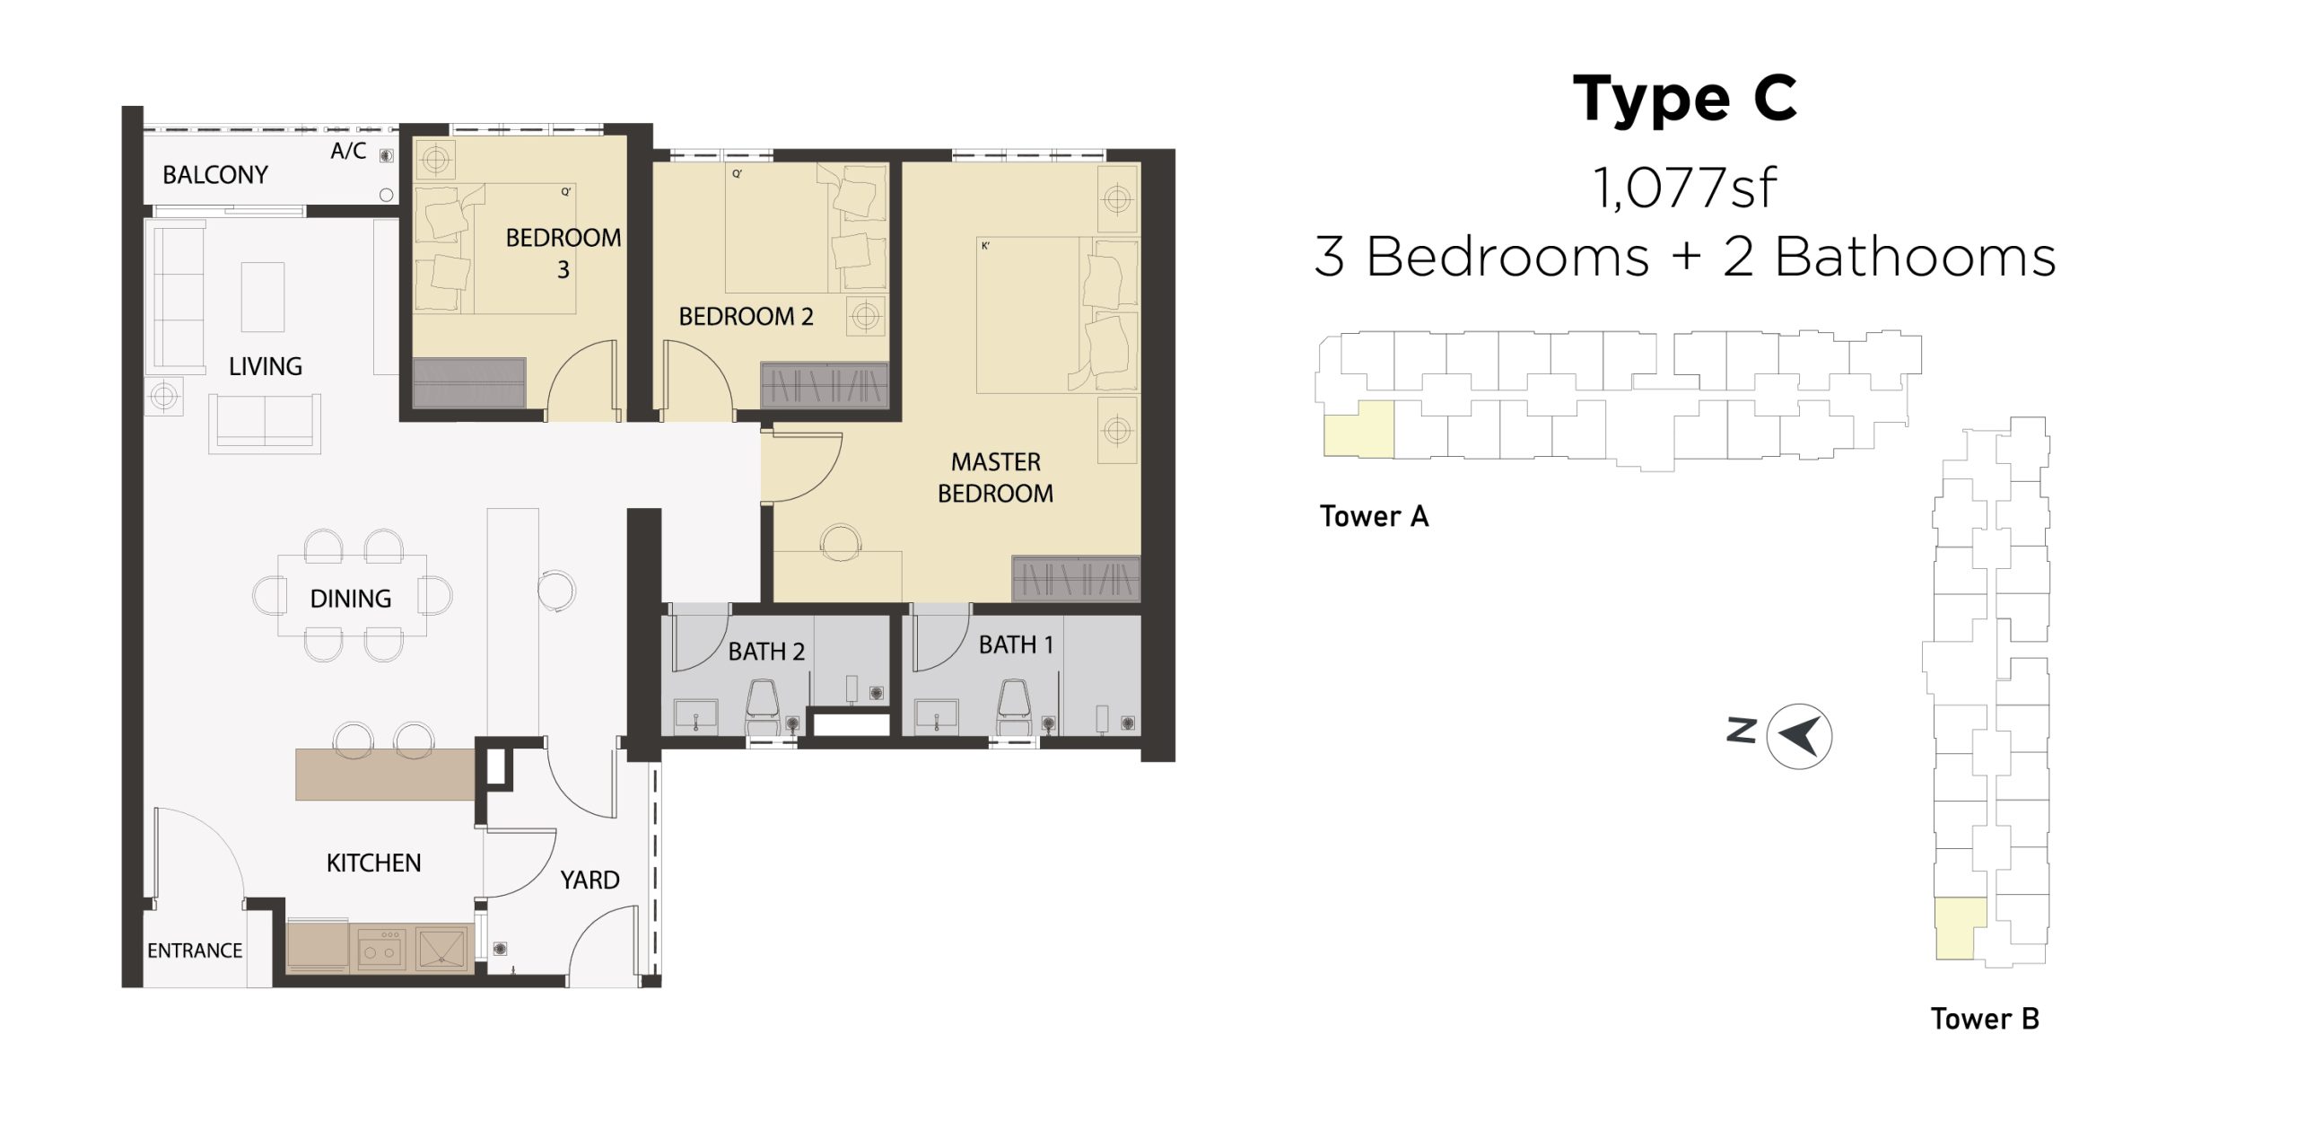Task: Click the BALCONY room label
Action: point(215,174)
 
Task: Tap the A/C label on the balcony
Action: point(348,151)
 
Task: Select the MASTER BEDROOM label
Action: point(995,477)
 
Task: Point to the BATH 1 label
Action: point(1016,644)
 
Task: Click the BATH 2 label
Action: point(766,651)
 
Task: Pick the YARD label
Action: point(590,880)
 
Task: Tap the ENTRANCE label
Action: point(195,950)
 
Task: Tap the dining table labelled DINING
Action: point(352,595)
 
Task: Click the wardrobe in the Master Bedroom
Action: point(1076,579)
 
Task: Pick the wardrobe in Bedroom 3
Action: point(469,382)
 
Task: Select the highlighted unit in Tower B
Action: point(1960,929)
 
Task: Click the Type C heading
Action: point(1685,99)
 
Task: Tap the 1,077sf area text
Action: point(1685,188)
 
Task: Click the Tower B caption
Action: point(1985,1019)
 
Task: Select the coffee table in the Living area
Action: point(263,297)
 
